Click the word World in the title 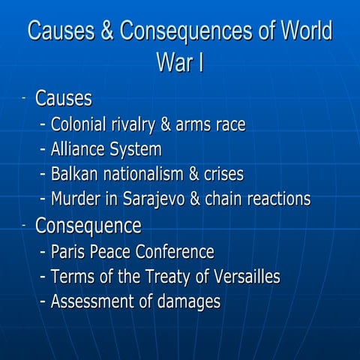(x=298, y=32)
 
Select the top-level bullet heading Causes (x=64, y=99)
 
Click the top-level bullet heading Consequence (x=88, y=225)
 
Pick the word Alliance (x=80, y=150)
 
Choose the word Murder (x=76, y=199)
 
